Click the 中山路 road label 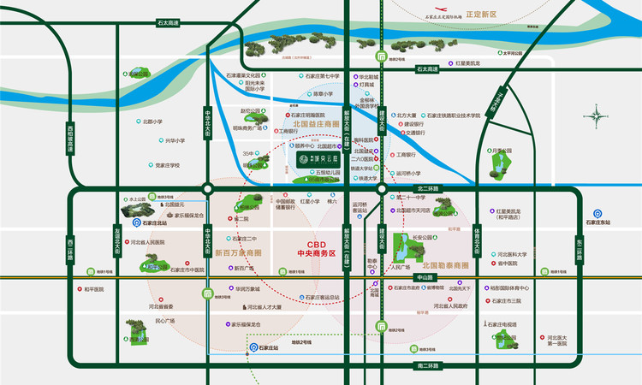[425, 277]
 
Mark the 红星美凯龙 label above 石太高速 [468, 63]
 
